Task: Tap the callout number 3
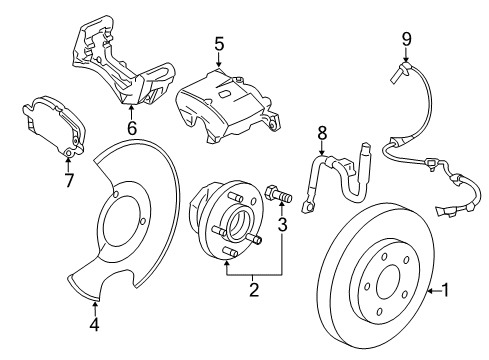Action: coord(283,227)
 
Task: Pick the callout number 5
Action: coord(218,43)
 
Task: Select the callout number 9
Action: coord(406,39)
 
